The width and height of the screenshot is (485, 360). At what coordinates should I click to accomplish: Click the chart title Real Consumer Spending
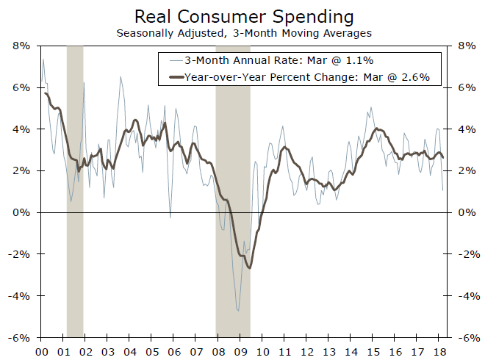point(242,16)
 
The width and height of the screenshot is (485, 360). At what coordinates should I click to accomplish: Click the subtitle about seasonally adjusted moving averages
point(242,32)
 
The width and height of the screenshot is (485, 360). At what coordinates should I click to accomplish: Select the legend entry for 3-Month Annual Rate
point(295,60)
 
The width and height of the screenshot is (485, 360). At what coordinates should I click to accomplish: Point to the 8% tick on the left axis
point(20,46)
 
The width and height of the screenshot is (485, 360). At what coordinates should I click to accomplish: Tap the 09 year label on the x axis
point(242,350)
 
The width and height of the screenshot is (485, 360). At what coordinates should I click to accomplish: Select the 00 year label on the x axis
point(42,350)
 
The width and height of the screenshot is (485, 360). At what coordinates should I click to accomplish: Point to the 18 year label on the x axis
point(442,350)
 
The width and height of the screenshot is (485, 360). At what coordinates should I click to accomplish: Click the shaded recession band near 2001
point(75,191)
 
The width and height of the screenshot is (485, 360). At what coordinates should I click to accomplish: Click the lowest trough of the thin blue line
point(237,311)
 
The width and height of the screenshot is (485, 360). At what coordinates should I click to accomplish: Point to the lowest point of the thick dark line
point(250,267)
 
